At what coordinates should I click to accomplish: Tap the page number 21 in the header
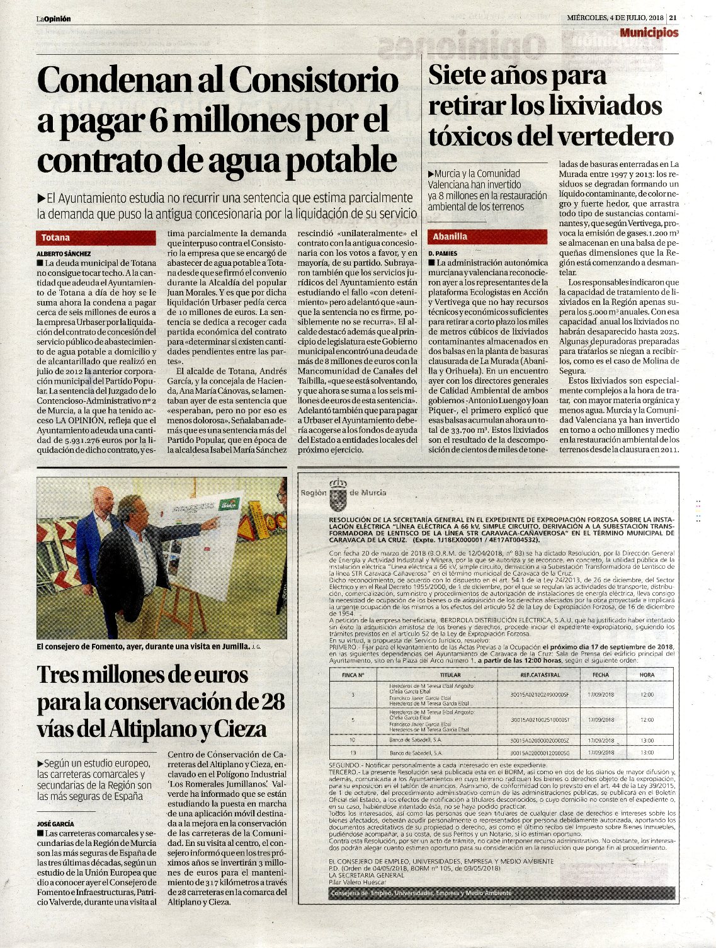click(673, 18)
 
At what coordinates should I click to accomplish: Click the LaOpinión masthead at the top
click(53, 19)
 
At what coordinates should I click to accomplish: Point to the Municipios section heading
click(649, 33)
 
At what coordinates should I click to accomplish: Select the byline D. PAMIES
click(443, 253)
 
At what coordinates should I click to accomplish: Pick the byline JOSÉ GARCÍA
click(55, 823)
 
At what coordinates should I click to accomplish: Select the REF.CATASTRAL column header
click(540, 675)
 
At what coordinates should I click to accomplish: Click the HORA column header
click(647, 675)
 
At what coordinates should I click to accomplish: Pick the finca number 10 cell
click(353, 740)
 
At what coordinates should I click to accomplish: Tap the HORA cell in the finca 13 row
click(647, 752)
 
